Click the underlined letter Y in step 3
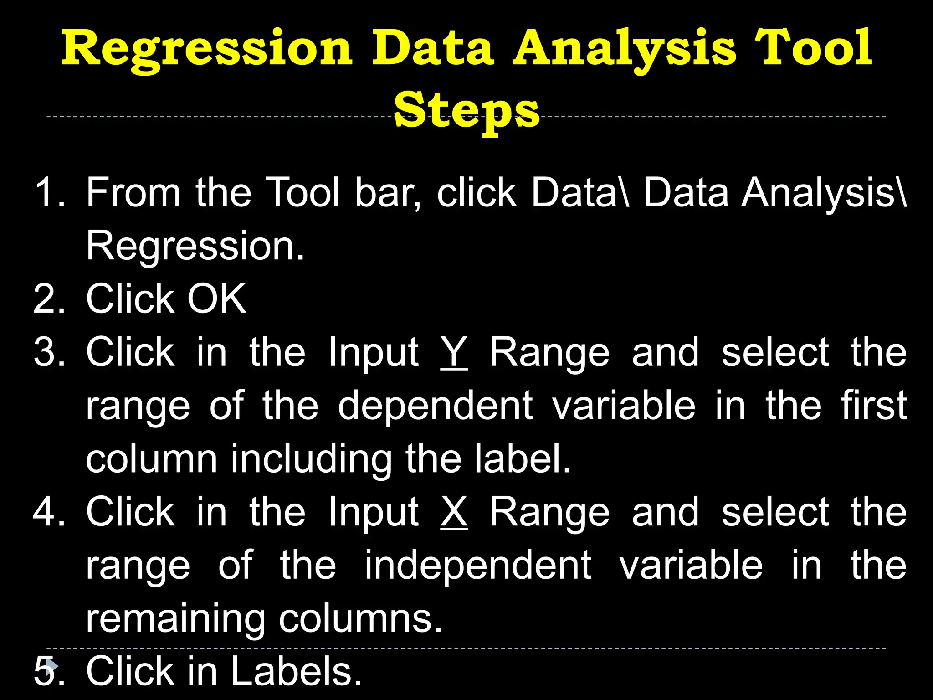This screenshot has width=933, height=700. click(x=454, y=352)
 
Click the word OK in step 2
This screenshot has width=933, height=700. click(x=217, y=299)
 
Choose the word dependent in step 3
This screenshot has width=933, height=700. click(x=435, y=405)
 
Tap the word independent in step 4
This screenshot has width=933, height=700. click(x=478, y=565)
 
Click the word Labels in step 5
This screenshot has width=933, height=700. click(x=296, y=671)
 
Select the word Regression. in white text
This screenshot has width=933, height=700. click(x=195, y=246)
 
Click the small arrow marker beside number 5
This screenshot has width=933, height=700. click(x=52, y=666)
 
